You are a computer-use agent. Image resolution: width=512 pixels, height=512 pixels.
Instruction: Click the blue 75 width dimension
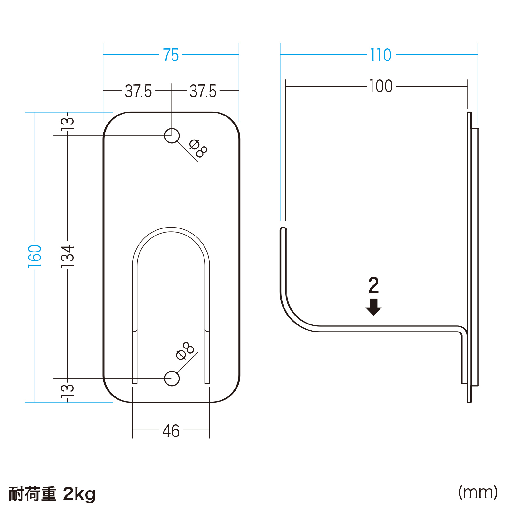point(171,55)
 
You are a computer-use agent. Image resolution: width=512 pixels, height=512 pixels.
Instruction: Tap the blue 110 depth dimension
point(380,55)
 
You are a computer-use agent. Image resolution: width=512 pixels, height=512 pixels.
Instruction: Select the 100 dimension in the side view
point(380,86)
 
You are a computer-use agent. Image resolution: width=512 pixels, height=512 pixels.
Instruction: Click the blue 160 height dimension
point(35,256)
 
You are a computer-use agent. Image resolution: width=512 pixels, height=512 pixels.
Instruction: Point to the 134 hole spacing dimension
point(68,256)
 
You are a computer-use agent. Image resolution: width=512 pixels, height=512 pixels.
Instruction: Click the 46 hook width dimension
point(171,431)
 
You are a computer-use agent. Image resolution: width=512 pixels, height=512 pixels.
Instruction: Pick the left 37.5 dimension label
point(138,91)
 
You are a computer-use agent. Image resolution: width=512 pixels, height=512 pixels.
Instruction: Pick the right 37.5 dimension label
point(203,91)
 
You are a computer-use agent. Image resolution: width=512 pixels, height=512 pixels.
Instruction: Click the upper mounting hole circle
point(172,136)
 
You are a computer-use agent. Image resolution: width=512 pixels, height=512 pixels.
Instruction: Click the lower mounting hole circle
point(172,379)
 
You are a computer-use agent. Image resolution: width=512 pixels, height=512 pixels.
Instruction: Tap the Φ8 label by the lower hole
point(185,351)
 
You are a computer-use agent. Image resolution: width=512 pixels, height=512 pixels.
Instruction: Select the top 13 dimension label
point(68,123)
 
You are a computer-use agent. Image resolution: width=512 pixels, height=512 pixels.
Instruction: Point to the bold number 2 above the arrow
point(373,285)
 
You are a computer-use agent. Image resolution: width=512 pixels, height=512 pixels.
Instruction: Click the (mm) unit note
point(478,492)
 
